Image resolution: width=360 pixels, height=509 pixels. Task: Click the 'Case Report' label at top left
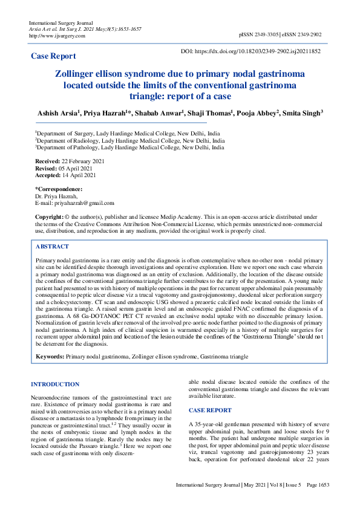54,56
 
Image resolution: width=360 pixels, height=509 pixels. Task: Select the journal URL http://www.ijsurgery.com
57,36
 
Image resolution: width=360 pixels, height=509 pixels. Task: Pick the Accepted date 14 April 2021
79,175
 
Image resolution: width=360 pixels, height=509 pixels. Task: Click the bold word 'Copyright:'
49,216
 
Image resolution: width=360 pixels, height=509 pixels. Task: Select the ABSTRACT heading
52,247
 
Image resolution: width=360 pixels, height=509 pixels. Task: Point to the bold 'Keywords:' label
50,357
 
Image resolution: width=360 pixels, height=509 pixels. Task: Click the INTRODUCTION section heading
55,384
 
